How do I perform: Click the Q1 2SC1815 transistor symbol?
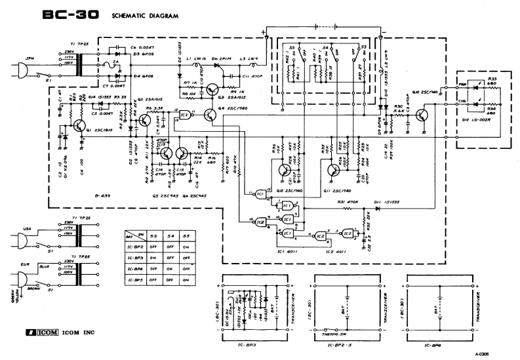click(x=79, y=123)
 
